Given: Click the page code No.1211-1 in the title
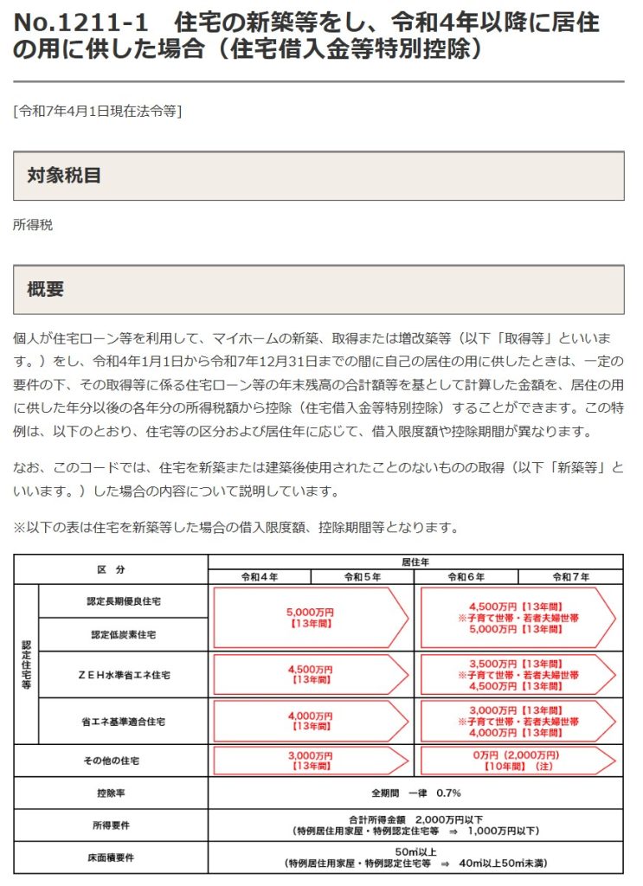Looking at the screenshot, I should [x=83, y=22].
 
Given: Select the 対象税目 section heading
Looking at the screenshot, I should [x=64, y=176].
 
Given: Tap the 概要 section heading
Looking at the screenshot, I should [x=46, y=289].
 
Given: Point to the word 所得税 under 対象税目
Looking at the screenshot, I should [x=33, y=225].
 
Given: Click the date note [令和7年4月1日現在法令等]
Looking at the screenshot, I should [x=97, y=111].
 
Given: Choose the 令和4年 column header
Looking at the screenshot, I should [x=259, y=576].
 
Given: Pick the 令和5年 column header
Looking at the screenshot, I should [x=363, y=576].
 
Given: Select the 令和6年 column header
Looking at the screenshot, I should [x=466, y=576].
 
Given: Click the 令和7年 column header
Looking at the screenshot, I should [x=570, y=576].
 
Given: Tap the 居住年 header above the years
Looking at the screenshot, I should [x=415, y=562].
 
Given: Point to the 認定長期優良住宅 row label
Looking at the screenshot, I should [x=123, y=600].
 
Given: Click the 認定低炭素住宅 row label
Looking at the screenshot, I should [x=123, y=634].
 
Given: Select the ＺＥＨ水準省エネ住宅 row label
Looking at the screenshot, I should [x=123, y=674].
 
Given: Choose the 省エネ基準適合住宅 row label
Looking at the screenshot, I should [x=123, y=721].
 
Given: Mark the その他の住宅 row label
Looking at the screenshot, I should [x=111, y=761].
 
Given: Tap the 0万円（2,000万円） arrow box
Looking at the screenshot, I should [x=518, y=761].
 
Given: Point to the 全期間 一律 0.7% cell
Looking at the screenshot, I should [x=415, y=793].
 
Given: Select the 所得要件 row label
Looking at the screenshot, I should [x=111, y=825].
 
